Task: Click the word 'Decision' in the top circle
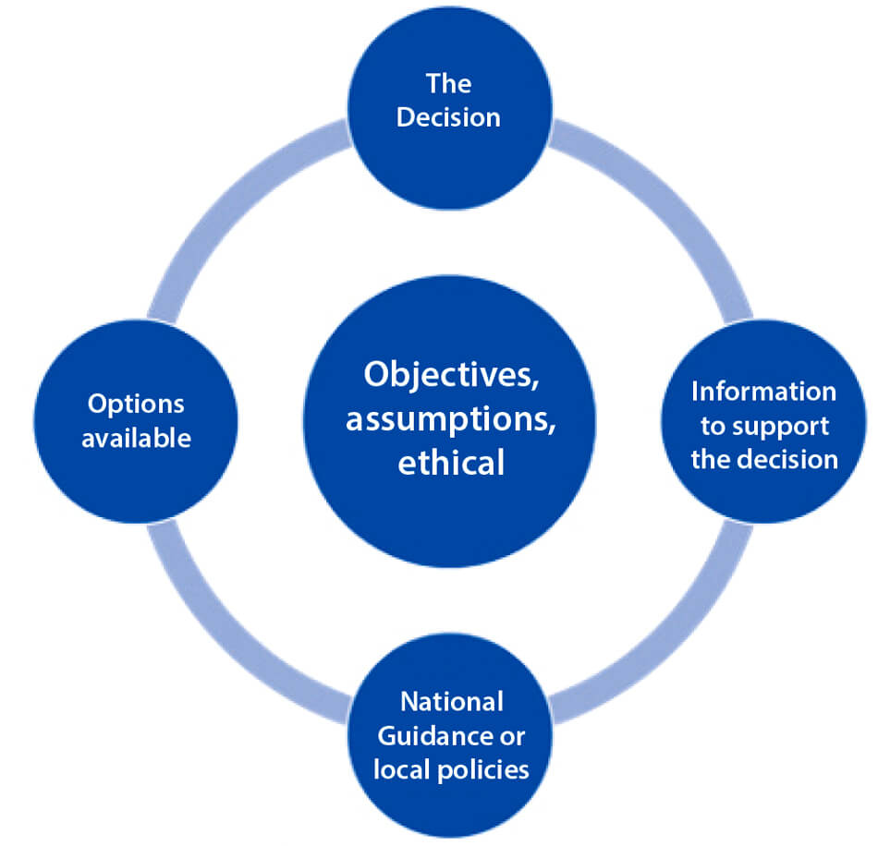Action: (x=448, y=118)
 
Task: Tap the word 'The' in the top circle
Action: (x=448, y=84)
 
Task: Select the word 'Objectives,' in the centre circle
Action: (x=450, y=374)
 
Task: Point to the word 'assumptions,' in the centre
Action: (x=451, y=417)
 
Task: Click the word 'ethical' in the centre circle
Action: (x=451, y=462)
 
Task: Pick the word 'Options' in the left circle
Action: (x=136, y=404)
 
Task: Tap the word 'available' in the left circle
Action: (x=136, y=437)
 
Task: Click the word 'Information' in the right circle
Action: (x=763, y=391)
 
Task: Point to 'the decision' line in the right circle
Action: (x=764, y=459)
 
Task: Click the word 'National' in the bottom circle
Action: (x=451, y=702)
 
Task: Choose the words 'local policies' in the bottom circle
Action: (x=451, y=769)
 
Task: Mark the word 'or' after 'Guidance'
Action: (x=513, y=736)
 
